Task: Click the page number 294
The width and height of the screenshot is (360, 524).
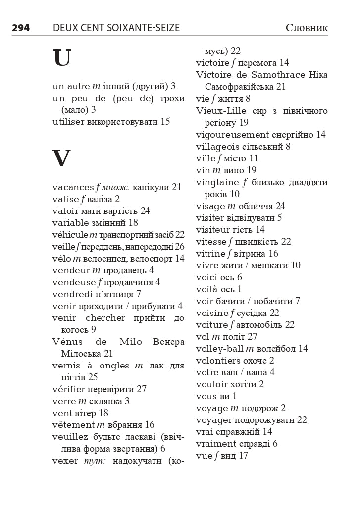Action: point(21,28)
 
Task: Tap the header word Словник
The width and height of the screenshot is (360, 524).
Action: point(307,28)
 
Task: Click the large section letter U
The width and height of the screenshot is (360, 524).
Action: point(62,58)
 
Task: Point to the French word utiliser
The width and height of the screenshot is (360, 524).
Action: point(68,121)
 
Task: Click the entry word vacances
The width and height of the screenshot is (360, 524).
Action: point(73,187)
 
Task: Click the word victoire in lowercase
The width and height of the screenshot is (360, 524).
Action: point(212,63)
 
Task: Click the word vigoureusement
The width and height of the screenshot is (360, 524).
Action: point(232,135)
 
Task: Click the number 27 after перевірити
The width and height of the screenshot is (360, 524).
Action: point(142,389)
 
